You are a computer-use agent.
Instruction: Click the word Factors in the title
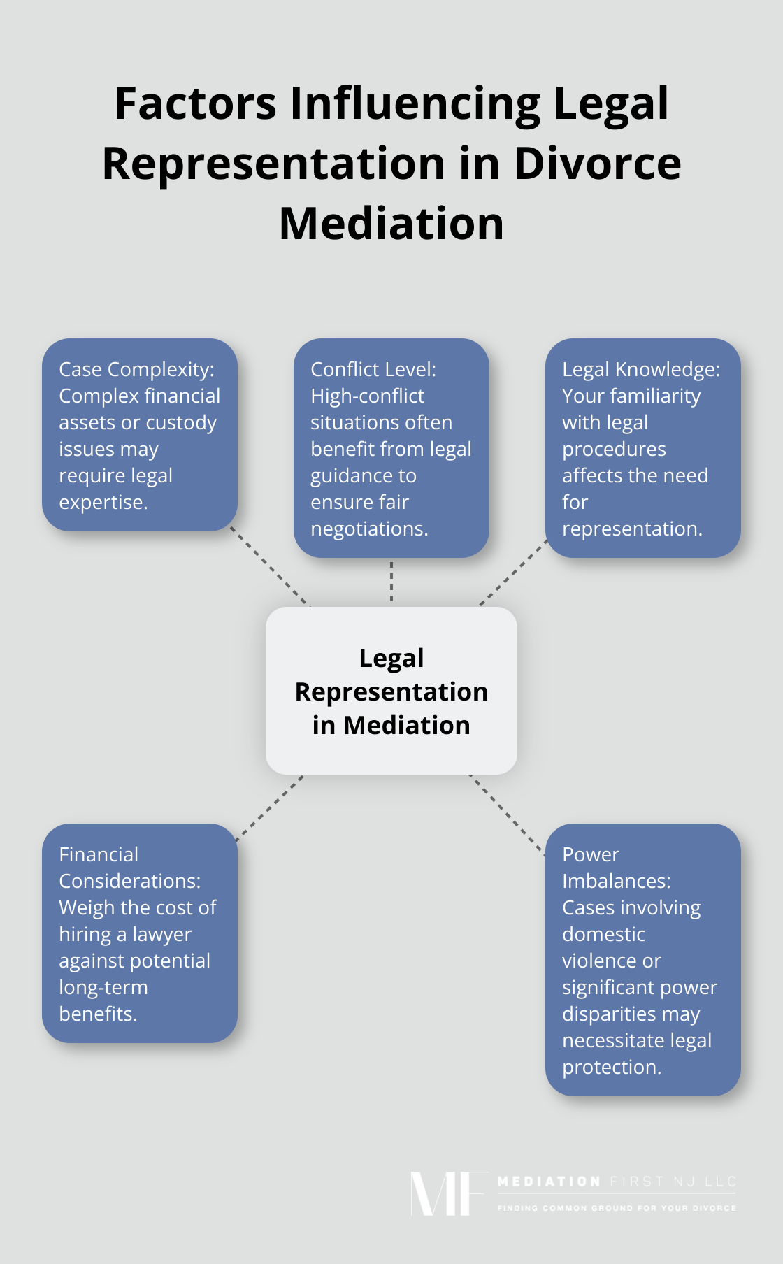[x=195, y=103]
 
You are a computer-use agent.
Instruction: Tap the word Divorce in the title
[x=597, y=164]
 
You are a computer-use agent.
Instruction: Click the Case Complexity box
[x=140, y=435]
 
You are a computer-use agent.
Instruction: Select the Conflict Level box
[x=391, y=448]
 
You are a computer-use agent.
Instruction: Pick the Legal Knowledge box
[x=642, y=448]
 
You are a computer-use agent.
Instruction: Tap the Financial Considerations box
[x=140, y=933]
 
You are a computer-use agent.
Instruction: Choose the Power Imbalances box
[x=642, y=960]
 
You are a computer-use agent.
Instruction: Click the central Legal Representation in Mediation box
[x=391, y=691]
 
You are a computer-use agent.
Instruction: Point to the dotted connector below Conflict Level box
[x=391, y=582]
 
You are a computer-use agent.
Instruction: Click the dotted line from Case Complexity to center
[x=270, y=567]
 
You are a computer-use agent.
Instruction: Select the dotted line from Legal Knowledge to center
[x=514, y=573]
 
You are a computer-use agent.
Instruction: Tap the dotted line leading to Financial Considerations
[x=270, y=807]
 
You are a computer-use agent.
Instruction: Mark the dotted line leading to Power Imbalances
[x=508, y=814]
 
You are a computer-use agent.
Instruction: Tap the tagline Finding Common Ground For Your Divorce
[x=616, y=1208]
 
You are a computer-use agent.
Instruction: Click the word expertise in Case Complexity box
[x=102, y=503]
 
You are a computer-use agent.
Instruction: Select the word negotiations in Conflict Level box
[x=368, y=529]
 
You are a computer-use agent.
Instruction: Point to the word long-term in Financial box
[x=103, y=988]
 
